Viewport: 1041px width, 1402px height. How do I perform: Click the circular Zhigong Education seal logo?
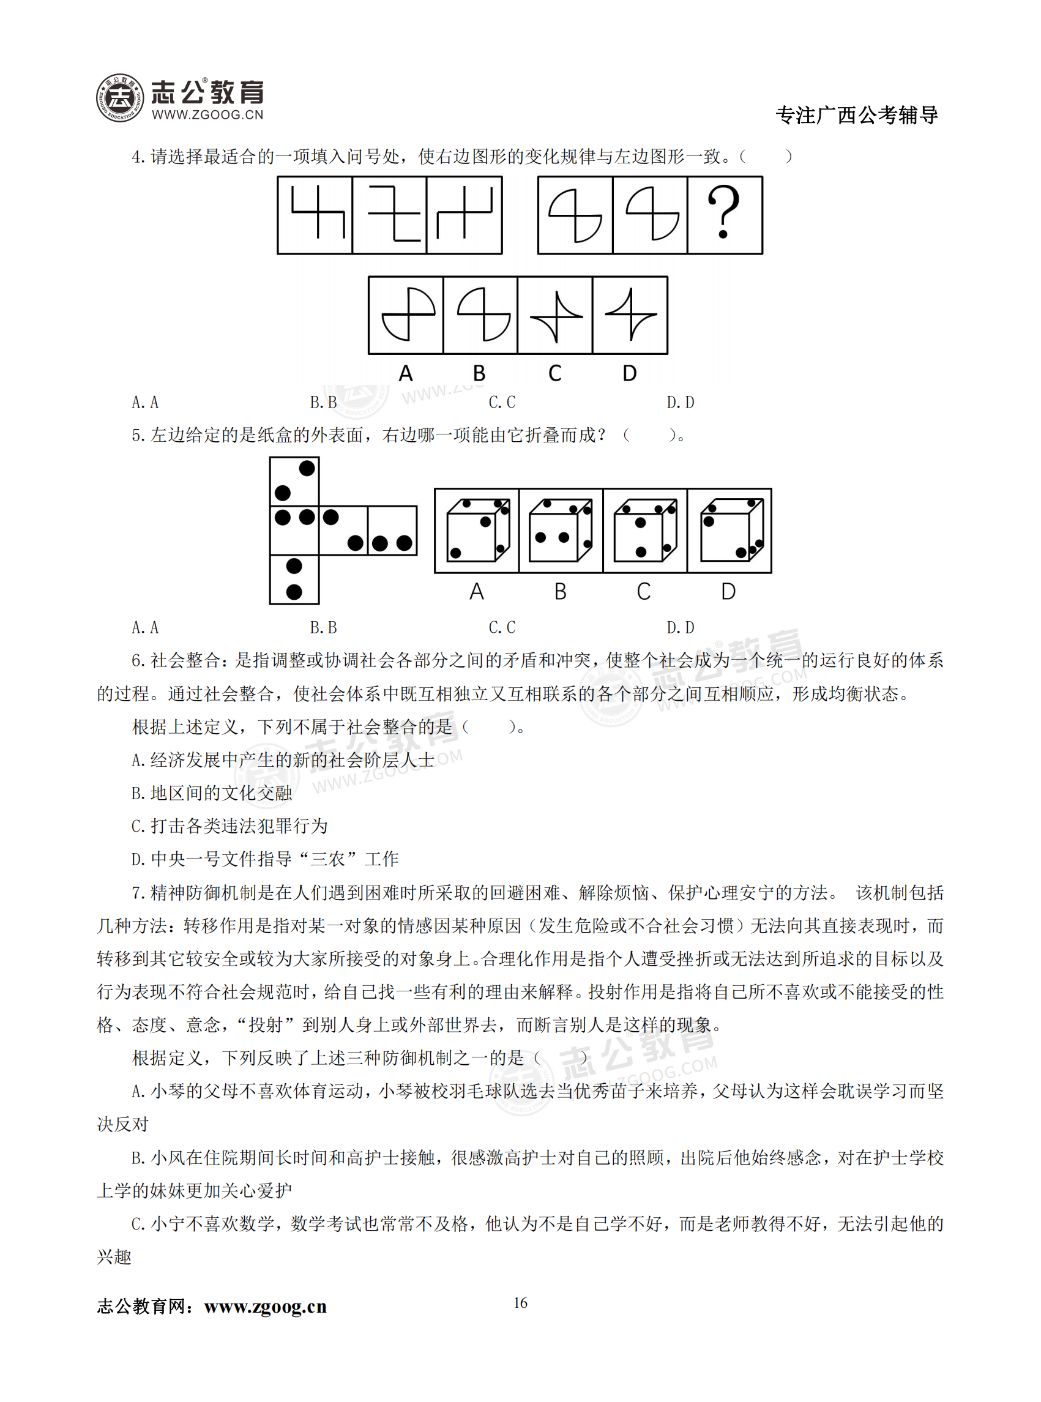[120, 98]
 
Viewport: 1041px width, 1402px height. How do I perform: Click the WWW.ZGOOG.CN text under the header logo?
[207, 114]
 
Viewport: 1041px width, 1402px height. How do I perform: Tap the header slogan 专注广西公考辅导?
[856, 115]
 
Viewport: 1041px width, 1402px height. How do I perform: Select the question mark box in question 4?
[725, 215]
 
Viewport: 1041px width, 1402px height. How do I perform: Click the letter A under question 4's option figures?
[406, 373]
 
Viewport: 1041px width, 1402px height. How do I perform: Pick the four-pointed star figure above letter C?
[555, 315]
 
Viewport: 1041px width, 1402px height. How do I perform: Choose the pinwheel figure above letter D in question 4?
[630, 315]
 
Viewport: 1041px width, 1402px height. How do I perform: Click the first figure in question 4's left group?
[315, 215]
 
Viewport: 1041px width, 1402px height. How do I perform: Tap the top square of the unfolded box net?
[294, 481]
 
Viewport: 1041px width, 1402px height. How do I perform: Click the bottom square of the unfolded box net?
[294, 579]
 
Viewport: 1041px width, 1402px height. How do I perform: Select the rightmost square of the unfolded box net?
[392, 530]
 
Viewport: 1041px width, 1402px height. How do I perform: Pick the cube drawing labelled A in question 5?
[477, 530]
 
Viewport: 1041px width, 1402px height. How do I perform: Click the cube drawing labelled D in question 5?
[729, 530]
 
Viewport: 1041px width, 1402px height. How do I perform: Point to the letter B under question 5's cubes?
[560, 592]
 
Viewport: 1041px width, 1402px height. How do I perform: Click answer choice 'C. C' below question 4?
[502, 402]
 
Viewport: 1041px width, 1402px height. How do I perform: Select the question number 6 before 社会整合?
[137, 660]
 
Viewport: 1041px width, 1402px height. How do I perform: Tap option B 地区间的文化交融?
[212, 793]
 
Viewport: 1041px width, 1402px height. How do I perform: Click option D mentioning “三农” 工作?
[264, 859]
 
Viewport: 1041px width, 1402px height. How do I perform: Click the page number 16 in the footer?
[520, 1302]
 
